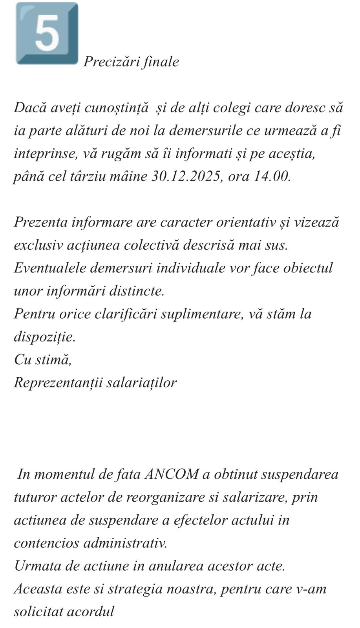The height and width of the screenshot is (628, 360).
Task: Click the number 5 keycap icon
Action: (x=47, y=33)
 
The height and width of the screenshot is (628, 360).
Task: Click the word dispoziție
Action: (x=44, y=337)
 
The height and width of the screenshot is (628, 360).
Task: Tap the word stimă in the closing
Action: (x=53, y=359)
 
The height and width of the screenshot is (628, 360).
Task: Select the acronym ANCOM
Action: (x=172, y=474)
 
